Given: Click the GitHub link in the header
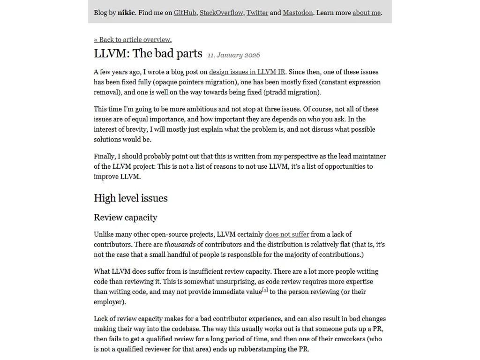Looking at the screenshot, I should click(185, 13).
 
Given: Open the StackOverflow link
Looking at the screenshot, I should click(221, 13).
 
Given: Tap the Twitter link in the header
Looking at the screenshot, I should click(257, 13).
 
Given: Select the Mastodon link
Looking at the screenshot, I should click(298, 13).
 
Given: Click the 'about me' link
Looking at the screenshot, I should click(367, 13).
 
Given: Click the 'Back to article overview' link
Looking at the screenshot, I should click(133, 40).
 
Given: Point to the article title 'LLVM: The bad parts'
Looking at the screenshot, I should click(148, 53).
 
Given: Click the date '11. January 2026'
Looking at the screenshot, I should click(233, 55).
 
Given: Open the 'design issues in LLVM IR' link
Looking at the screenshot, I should click(247, 72).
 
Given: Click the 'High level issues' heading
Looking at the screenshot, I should click(130, 198).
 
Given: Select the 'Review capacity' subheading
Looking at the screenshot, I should click(125, 217).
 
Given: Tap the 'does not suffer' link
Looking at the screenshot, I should click(287, 234).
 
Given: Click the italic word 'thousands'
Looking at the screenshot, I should click(180, 245).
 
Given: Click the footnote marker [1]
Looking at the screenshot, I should click(265, 290).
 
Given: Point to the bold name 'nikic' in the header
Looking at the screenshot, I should click(126, 13).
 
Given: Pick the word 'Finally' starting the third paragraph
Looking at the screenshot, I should click(105, 157).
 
